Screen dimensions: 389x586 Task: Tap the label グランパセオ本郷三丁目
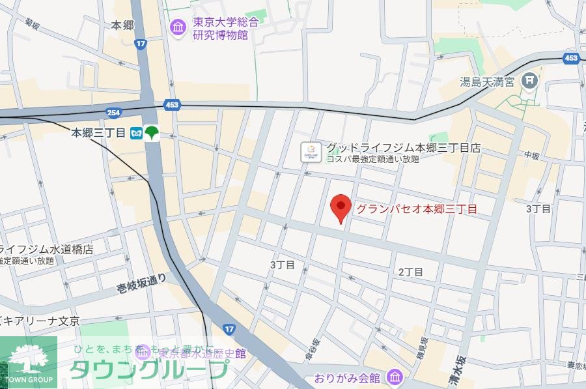point(417,209)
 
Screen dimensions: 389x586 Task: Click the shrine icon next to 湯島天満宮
point(531,81)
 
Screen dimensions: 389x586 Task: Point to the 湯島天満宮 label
point(487,81)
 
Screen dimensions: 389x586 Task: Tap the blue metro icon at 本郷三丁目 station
point(137,132)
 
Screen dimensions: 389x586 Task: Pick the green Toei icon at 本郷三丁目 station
point(151,132)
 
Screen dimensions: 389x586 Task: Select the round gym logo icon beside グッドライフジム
point(311,152)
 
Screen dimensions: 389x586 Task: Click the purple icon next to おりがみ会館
point(394,377)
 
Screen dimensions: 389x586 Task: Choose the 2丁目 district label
point(411,272)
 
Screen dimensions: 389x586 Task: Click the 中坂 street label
point(532,155)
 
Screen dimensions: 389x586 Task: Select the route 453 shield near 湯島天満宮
point(571,59)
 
